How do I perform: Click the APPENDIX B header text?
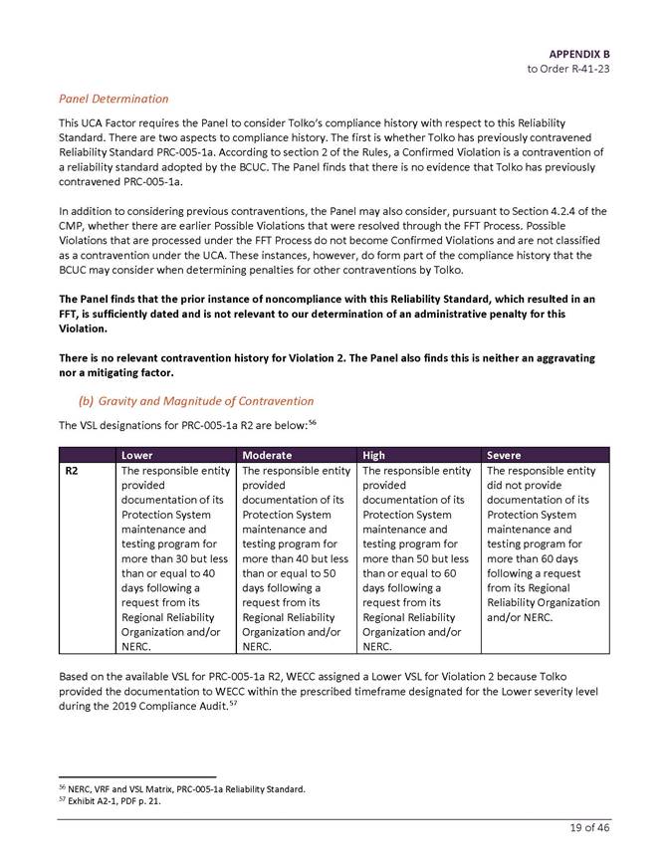click(x=578, y=53)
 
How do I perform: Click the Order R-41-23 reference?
click(x=568, y=69)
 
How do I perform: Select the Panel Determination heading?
click(x=113, y=99)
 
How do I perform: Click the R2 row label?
click(x=73, y=471)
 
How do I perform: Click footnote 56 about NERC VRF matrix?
click(x=180, y=788)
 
